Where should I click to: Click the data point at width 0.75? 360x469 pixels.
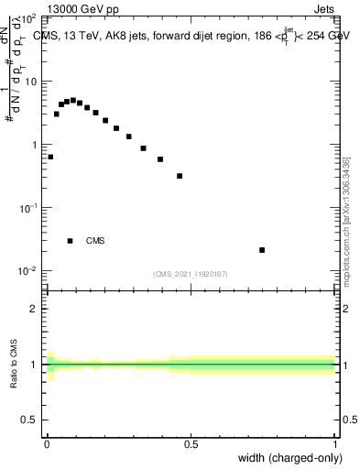coord(262,250)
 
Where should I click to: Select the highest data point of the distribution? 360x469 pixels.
coord(73,100)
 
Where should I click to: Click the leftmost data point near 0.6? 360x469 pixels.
coord(50,157)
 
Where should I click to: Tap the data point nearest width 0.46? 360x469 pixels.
coord(180,176)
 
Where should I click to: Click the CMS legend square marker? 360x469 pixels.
coord(70,241)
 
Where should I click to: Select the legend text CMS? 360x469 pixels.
coord(95,241)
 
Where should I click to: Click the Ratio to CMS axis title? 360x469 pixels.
coord(15,365)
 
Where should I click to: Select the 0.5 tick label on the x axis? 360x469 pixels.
coord(191,444)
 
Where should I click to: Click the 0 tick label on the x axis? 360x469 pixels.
coord(46,444)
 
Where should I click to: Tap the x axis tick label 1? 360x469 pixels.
coord(335,444)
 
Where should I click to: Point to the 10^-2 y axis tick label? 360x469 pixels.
coord(27,271)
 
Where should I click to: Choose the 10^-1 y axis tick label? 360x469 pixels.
coord(27,208)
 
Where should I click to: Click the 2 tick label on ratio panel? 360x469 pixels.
coord(34,309)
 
